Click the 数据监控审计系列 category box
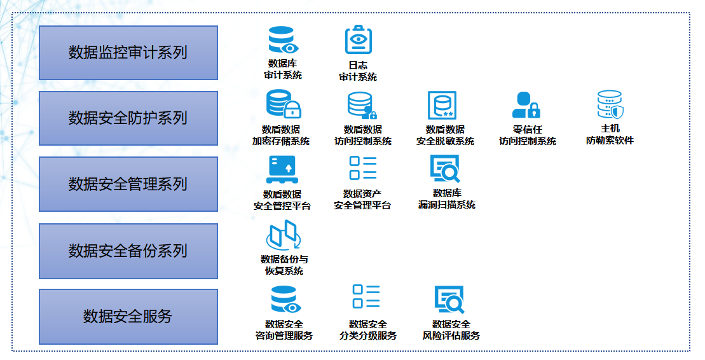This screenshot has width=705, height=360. pos(128,53)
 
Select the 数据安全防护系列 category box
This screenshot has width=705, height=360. pos(128,118)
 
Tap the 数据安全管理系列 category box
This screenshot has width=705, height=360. pos(128,184)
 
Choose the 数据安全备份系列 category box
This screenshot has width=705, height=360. pos(128,251)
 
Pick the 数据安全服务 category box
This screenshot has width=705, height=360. pos(128,316)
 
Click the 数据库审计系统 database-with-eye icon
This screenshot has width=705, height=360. pos(283,40)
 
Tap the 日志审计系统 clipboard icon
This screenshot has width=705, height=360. pos(358,40)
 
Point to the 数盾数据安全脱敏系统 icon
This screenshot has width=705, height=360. pos(442,106)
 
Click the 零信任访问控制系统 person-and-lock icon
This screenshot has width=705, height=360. pos(525,106)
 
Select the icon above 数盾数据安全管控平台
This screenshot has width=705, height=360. pos(282,170)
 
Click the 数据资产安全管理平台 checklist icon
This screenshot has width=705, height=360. pos(363,169)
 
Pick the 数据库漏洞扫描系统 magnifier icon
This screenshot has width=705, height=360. pos(444,170)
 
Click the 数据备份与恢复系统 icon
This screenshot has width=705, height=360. pos(283,235)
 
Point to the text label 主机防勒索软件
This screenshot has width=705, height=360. pos(610,134)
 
